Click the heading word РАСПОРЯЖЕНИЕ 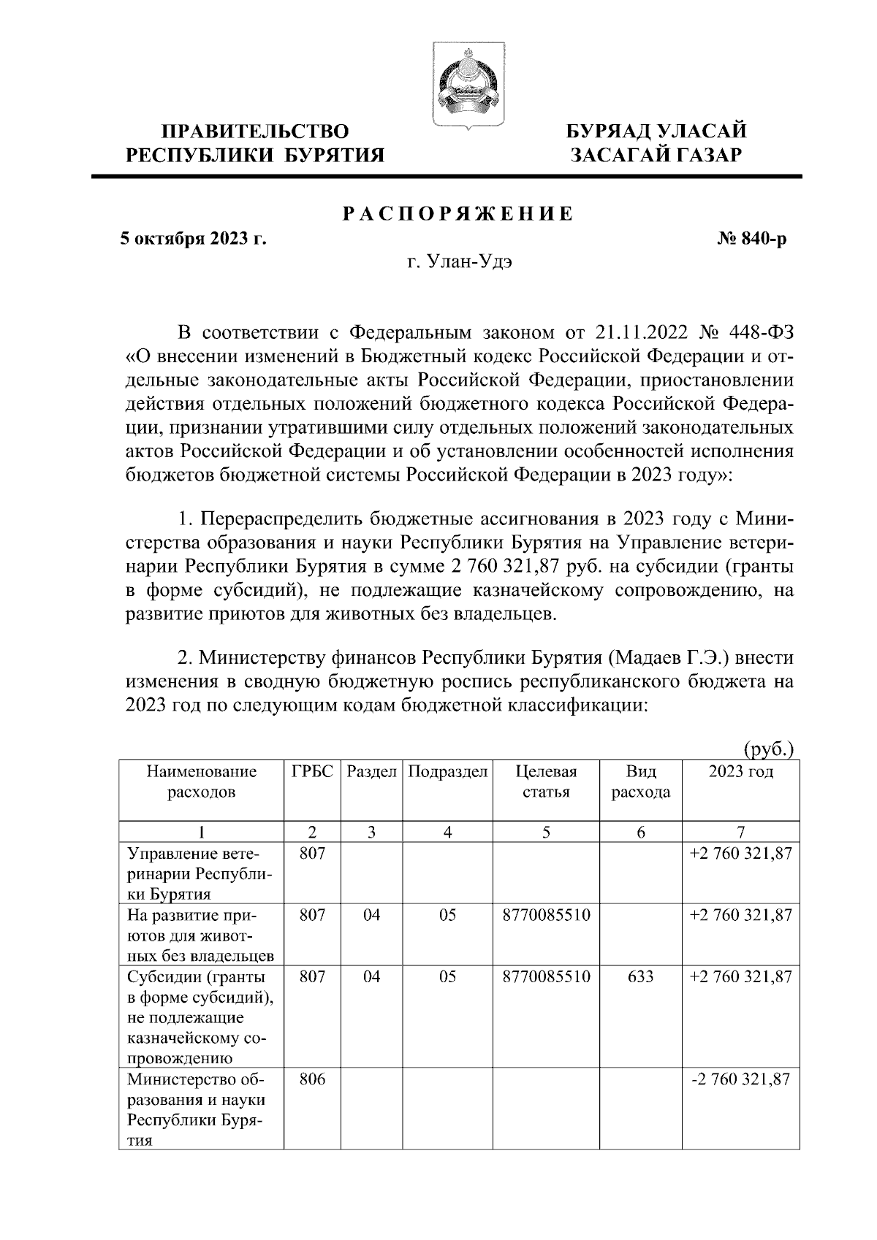tap(458, 214)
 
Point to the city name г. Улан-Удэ tap(458, 262)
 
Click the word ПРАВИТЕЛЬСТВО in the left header tap(255, 132)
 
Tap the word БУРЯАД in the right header tap(610, 132)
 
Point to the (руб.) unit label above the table tap(768, 749)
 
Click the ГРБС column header tap(312, 772)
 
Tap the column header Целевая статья tap(546, 781)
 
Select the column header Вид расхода tap(640, 781)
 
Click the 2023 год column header tap(740, 772)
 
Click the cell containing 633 tap(640, 976)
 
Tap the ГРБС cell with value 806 tap(312, 1079)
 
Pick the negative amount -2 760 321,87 tap(740, 1079)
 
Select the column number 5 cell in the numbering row tap(546, 831)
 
